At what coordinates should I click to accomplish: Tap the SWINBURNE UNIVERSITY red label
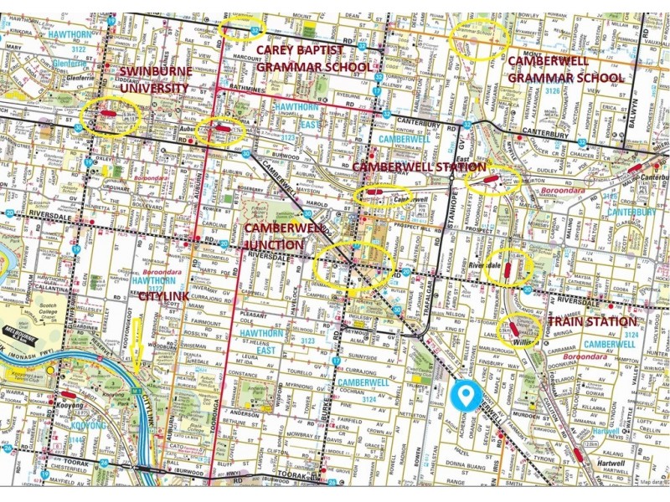click(157, 79)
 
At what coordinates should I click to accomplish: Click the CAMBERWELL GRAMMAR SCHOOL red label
click(565, 69)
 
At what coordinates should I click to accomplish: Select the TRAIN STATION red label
click(593, 321)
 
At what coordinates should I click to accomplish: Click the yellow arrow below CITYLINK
click(137, 343)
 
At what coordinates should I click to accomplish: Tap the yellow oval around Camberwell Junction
click(352, 267)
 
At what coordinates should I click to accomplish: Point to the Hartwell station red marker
click(578, 455)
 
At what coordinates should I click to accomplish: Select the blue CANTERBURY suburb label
click(632, 212)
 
